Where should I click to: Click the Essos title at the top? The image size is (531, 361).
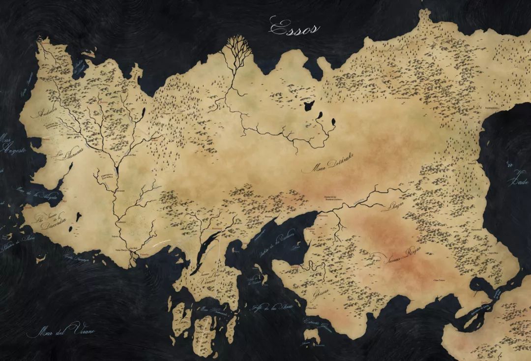[x=294, y=28]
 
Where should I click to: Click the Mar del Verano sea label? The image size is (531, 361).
[x=61, y=330]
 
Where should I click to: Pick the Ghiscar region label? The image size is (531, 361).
[x=320, y=293]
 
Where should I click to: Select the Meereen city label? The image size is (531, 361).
[x=323, y=215]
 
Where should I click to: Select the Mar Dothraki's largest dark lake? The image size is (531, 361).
[x=309, y=105]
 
